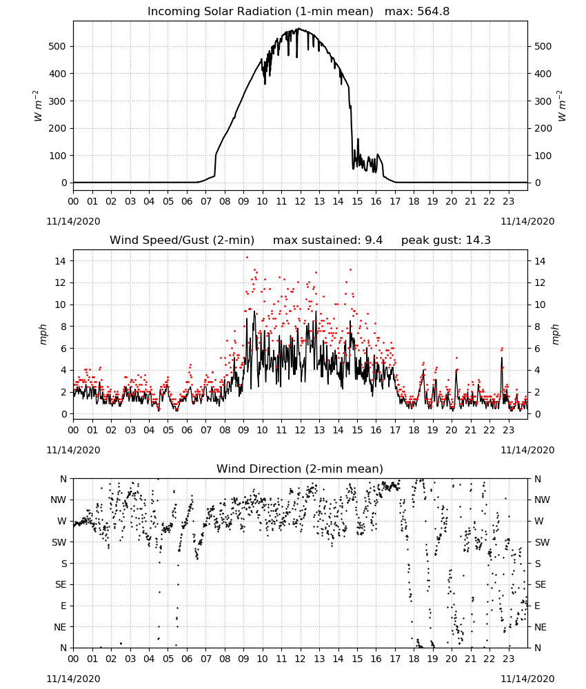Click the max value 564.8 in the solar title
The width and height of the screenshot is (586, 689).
pyautogui.click(x=433, y=11)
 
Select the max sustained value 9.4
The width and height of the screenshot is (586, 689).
pyautogui.click(x=374, y=240)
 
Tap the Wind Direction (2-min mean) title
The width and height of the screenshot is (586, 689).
pyautogui.click(x=300, y=469)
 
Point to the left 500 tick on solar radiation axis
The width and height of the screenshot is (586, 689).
pyautogui.click(x=57, y=47)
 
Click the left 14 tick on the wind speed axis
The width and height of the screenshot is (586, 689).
pyautogui.click(x=61, y=261)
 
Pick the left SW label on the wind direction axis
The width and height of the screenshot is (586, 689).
pyautogui.click(x=59, y=542)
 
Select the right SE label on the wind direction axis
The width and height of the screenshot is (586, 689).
pyautogui.click(x=540, y=584)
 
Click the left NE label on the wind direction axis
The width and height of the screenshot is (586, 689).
pyautogui.click(x=60, y=627)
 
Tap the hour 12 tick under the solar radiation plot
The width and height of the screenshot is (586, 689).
pyautogui.click(x=300, y=201)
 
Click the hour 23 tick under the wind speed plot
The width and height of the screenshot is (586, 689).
pyautogui.click(x=508, y=430)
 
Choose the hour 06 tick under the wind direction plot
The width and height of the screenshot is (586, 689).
pyautogui.click(x=187, y=659)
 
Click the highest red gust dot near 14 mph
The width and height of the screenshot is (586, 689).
pyautogui.click(x=247, y=258)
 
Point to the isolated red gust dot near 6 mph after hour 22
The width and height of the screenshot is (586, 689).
pyautogui.click(x=502, y=349)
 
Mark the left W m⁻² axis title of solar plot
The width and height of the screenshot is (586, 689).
pyautogui.click(x=38, y=106)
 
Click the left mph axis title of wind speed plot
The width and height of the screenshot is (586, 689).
pyautogui.click(x=43, y=335)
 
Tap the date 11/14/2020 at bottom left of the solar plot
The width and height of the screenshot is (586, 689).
pyautogui.click(x=73, y=221)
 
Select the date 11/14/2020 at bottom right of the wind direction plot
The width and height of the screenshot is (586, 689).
pyautogui.click(x=527, y=679)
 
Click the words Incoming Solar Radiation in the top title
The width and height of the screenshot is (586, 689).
pyautogui.click(x=219, y=12)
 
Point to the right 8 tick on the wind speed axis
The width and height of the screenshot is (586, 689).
pyautogui.click(x=537, y=327)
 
